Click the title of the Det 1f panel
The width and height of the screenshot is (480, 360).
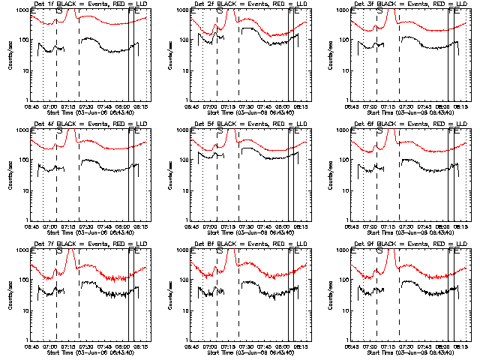pyautogui.click(x=86, y=4)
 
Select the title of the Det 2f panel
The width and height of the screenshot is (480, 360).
pyautogui.click(x=246, y=4)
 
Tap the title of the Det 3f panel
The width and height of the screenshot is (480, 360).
pyautogui.click(x=406, y=4)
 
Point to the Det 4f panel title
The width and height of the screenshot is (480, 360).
pyautogui.click(x=86, y=124)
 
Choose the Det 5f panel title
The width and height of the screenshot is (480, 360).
pyautogui.click(x=246, y=124)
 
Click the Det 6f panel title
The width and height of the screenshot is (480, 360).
pyautogui.click(x=406, y=124)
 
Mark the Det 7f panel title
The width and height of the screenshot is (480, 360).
pyautogui.click(x=86, y=244)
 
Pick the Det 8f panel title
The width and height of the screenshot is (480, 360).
pyautogui.click(x=246, y=244)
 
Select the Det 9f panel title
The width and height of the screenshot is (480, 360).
pyautogui.click(x=406, y=244)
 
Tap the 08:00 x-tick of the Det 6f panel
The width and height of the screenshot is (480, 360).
pyautogui.click(x=445, y=227)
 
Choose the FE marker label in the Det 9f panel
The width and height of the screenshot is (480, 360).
pyautogui.click(x=453, y=253)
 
